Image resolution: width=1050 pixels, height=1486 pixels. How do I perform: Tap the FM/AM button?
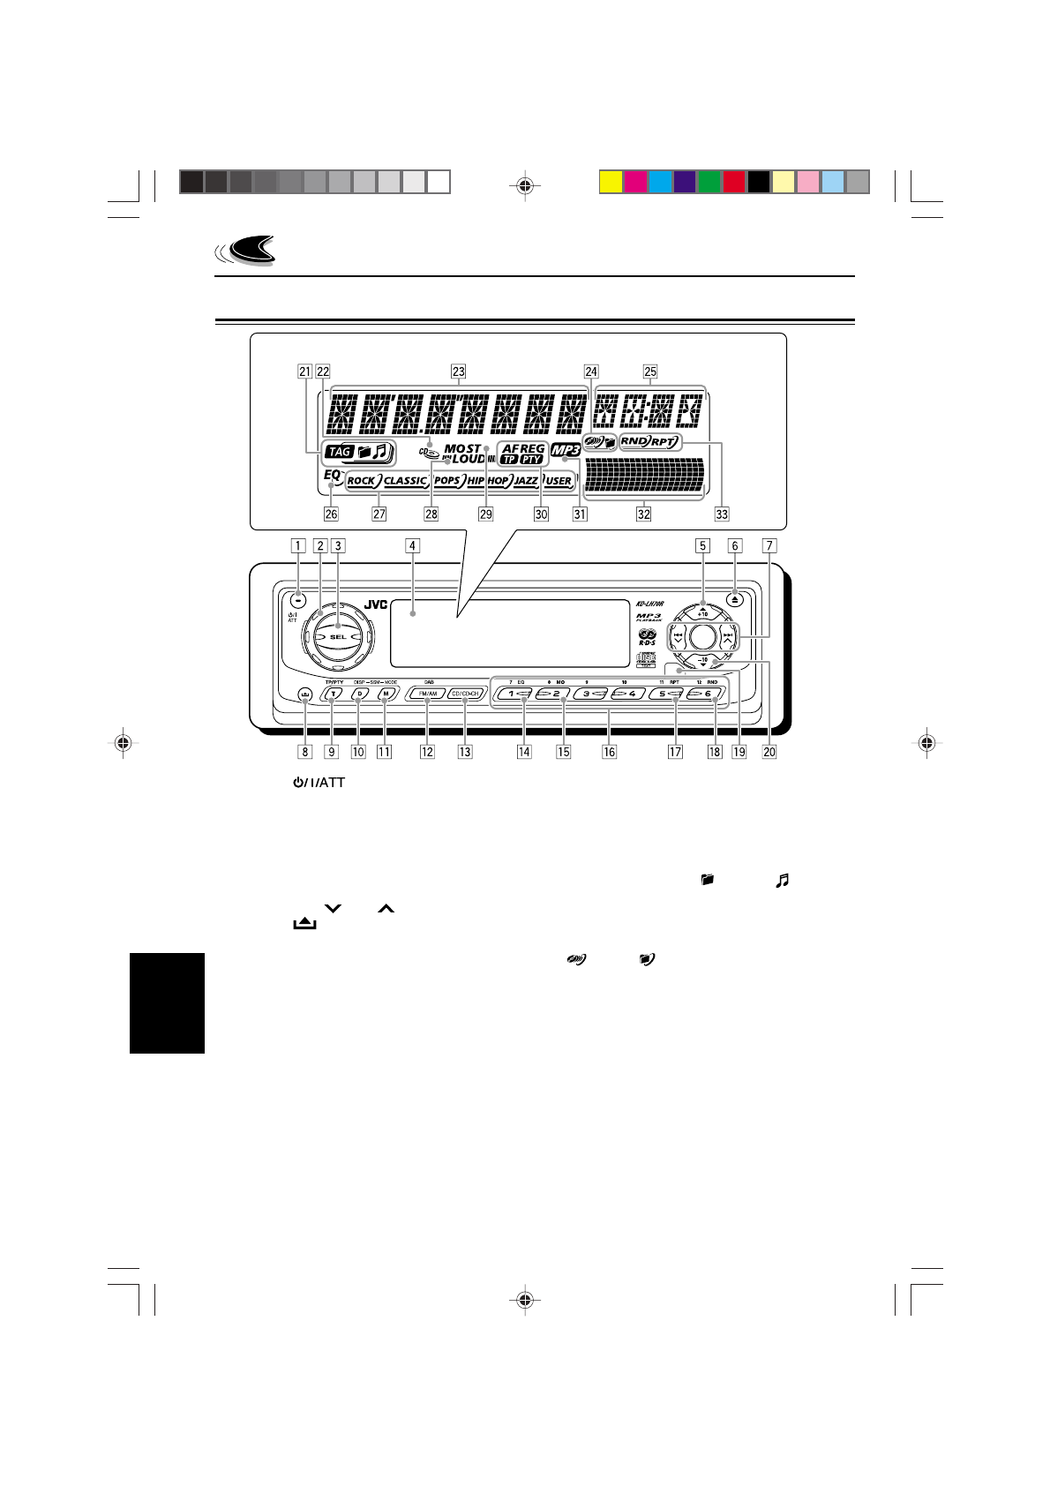428,694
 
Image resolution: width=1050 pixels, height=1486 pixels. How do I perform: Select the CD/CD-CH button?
465,694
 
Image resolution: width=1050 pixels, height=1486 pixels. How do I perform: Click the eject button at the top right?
737,597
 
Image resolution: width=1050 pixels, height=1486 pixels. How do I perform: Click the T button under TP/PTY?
332,694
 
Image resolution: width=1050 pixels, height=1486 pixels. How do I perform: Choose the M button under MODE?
385,694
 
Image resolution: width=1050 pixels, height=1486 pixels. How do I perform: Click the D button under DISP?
359,694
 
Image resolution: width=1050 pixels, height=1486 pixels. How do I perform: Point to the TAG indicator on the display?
339,453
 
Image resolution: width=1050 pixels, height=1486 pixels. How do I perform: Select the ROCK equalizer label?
362,481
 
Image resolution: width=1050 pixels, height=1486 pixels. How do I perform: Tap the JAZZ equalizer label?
526,481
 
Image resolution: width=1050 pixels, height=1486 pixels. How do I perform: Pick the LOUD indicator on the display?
469,460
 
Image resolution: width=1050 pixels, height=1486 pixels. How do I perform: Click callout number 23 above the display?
458,371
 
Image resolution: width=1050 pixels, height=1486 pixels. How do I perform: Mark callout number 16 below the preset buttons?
609,752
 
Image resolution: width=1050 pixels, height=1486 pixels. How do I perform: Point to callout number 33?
723,514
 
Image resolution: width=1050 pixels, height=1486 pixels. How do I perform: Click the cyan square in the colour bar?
661,182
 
